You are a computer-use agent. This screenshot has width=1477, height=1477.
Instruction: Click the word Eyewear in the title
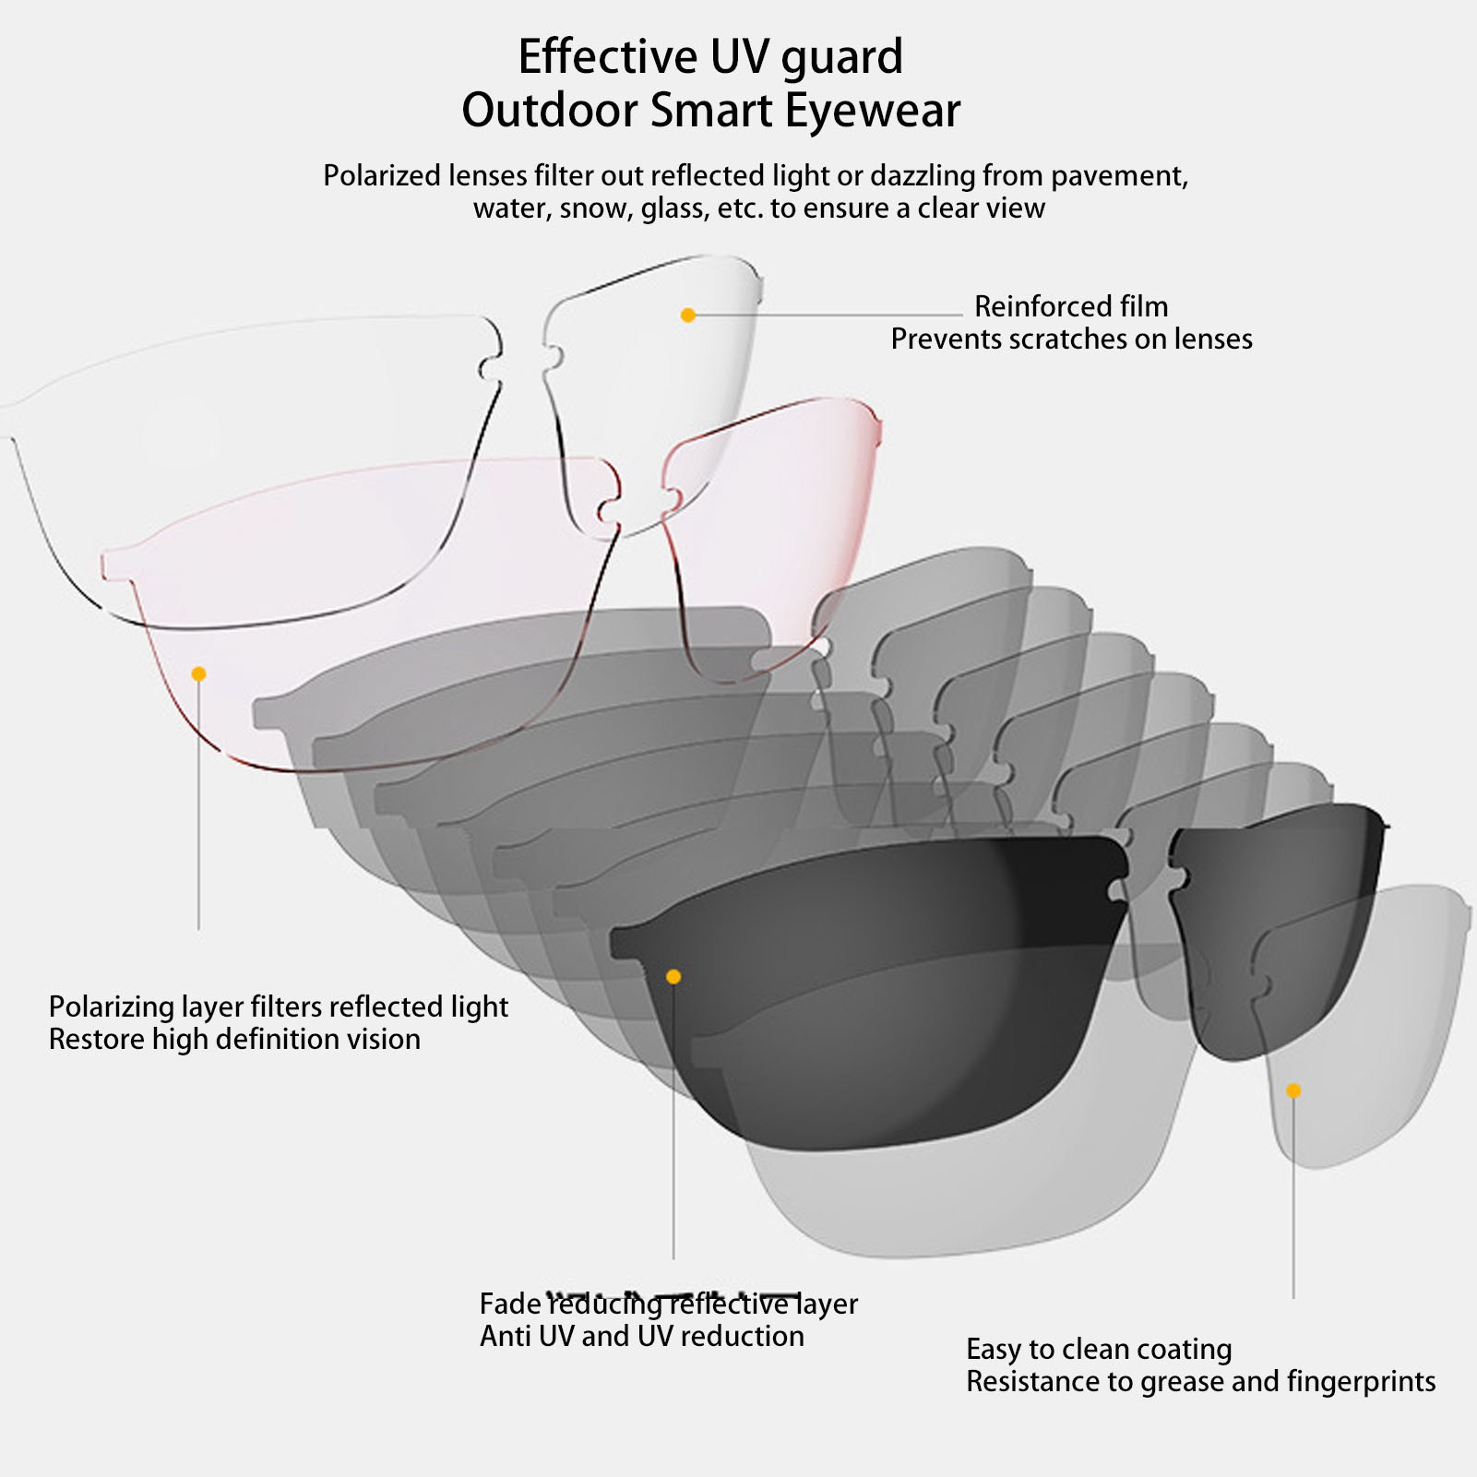[x=873, y=112]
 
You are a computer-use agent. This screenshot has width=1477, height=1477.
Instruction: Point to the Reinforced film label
[x=1070, y=306]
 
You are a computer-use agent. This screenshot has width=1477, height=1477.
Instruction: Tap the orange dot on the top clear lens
[x=687, y=316]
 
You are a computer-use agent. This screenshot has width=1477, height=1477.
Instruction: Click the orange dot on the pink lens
[x=198, y=674]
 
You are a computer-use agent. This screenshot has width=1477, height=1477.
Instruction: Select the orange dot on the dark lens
[x=673, y=977]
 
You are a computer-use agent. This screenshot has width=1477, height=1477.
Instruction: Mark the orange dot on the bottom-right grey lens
[x=1293, y=1091]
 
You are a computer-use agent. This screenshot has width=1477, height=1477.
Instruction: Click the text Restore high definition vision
[x=234, y=1040]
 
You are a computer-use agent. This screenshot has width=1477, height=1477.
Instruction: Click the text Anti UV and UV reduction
[x=641, y=1337]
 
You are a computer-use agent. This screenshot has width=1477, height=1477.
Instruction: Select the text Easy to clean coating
[x=1098, y=1350]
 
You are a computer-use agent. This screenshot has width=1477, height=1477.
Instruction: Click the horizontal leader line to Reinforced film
[x=830, y=316]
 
